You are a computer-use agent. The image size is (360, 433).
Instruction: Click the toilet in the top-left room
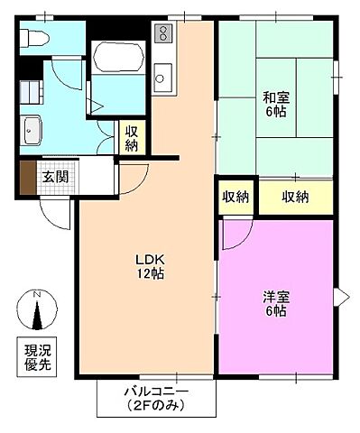[x=34, y=37]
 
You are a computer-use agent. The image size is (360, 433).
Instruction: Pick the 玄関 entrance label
[x=55, y=176]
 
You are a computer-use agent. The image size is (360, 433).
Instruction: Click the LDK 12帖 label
[x=149, y=265]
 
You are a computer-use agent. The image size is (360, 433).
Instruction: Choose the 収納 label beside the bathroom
[x=132, y=138]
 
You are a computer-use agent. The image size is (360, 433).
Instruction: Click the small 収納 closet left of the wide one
[x=236, y=198]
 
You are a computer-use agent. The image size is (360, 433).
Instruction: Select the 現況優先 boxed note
[x=37, y=355]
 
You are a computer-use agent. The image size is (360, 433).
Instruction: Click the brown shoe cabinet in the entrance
[x=26, y=178]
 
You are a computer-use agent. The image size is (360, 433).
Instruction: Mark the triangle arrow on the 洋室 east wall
[x=341, y=296]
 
